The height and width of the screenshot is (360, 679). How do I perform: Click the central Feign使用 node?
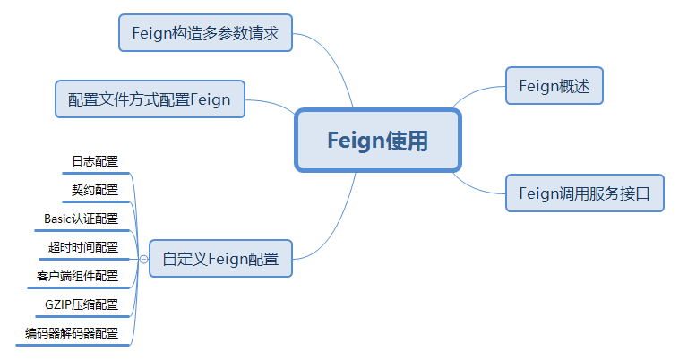377,141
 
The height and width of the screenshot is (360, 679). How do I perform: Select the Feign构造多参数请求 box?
205,33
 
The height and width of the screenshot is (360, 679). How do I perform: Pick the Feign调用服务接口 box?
584,193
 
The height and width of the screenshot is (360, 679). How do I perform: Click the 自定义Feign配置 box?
220,259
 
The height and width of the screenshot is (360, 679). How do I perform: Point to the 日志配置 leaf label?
95,161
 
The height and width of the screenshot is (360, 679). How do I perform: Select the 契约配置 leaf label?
95,190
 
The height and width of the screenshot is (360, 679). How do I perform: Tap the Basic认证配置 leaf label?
81,219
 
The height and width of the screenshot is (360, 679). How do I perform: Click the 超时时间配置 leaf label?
82,247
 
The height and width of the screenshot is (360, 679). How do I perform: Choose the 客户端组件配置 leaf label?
77,276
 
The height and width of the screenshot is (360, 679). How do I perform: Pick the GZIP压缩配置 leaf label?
81,304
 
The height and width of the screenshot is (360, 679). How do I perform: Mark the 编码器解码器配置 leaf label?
72,333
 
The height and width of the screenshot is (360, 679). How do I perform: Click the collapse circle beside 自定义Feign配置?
143,259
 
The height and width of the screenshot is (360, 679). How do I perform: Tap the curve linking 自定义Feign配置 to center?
340,224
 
